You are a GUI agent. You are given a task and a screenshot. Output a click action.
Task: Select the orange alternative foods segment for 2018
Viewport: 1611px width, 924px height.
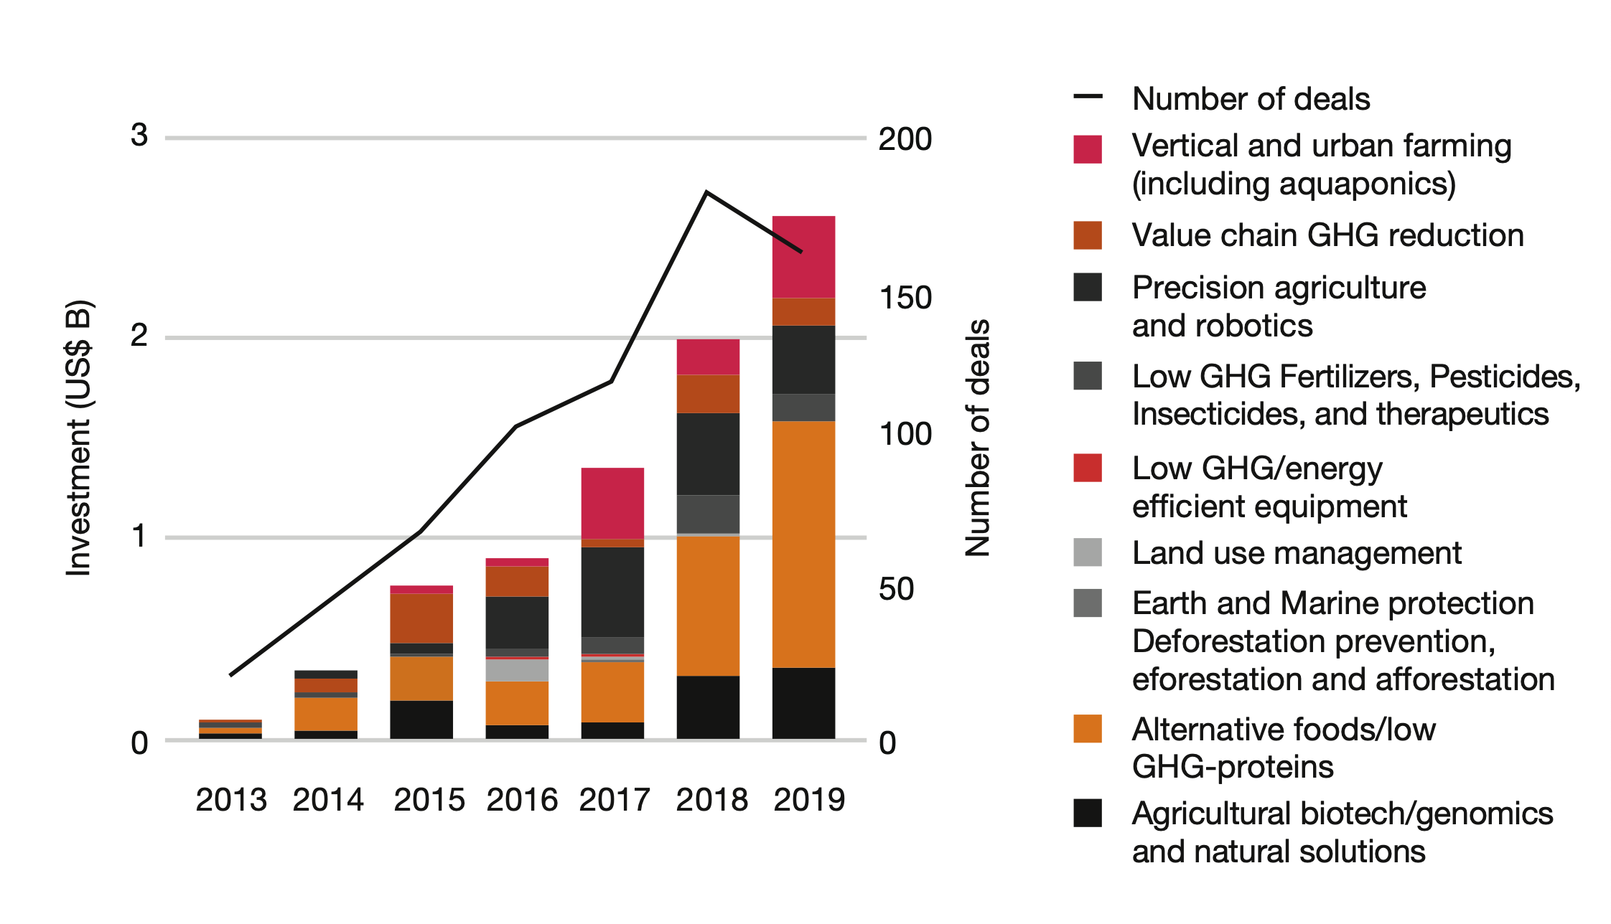click(708, 606)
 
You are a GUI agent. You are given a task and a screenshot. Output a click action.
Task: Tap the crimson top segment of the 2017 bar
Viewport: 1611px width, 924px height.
click(612, 503)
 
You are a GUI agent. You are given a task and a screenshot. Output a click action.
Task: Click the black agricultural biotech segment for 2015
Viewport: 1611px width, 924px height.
click(421, 720)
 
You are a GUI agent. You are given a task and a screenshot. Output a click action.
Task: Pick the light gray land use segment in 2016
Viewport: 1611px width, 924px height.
click(517, 670)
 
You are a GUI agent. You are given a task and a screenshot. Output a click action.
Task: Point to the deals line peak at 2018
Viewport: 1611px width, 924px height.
click(706, 192)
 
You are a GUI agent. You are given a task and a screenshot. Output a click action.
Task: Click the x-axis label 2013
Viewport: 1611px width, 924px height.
click(230, 800)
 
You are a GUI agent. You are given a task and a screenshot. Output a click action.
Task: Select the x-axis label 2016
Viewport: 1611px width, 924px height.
click(522, 800)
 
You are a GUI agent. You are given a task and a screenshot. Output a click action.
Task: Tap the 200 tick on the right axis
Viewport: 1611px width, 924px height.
click(905, 139)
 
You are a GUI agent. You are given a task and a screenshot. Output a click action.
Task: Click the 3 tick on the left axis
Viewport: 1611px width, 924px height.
click(139, 135)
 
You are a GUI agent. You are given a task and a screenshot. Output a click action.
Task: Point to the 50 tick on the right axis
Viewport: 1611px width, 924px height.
click(896, 589)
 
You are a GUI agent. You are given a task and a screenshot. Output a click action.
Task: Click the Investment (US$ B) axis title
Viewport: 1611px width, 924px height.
click(79, 438)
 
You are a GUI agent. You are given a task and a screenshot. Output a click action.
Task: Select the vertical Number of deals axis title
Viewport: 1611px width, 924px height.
click(977, 438)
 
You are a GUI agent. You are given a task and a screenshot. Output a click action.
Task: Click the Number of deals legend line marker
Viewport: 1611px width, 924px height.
click(1088, 97)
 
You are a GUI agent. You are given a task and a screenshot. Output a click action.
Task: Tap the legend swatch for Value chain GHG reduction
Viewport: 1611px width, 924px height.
click(1088, 235)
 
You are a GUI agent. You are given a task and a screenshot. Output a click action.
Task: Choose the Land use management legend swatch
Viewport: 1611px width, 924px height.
click(1088, 552)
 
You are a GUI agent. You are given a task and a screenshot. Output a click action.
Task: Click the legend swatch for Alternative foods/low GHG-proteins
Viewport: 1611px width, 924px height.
click(1088, 729)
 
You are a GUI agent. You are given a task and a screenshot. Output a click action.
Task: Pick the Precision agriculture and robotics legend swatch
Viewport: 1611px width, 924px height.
click(1088, 287)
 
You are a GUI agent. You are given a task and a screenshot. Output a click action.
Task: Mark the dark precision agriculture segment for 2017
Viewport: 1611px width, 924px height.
click(612, 592)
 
